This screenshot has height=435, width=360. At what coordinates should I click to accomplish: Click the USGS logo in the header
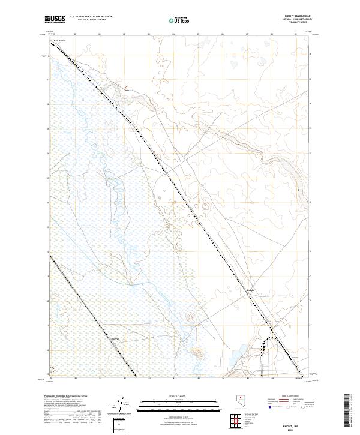point(55,19)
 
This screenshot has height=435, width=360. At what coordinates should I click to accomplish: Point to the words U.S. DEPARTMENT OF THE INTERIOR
point(91,17)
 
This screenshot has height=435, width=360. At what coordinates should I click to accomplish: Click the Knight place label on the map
point(251,290)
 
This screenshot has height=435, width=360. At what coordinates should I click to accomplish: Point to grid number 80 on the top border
point(75,34)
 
